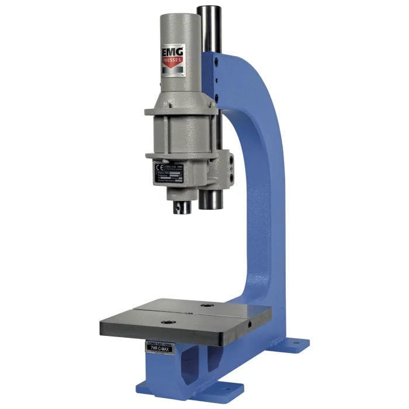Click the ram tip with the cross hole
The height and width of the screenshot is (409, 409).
182,207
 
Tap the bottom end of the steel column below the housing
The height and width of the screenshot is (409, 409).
210,199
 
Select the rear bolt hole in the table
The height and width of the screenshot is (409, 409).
206,306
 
